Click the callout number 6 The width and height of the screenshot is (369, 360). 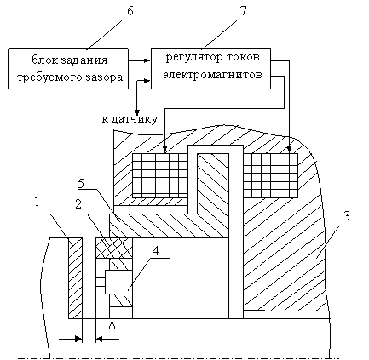point(130,11)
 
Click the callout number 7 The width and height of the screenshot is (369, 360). point(244,11)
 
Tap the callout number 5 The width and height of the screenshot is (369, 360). point(81,184)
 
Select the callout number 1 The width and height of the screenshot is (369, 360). point(37,202)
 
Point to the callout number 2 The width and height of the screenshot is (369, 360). point(78,203)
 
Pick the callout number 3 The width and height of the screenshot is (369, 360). point(346,216)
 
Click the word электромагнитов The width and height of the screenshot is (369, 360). point(212,75)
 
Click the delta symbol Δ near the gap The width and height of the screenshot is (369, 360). point(112,325)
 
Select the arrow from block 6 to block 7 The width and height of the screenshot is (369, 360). point(139,60)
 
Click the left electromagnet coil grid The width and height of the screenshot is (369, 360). point(160,175)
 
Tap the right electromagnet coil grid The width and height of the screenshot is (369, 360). point(271,175)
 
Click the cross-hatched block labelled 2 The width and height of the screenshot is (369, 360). point(114,248)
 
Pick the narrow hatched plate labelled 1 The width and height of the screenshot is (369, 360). point(75,278)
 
